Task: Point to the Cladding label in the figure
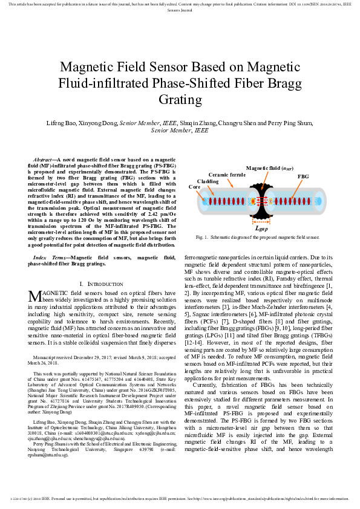208,181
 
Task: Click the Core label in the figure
195,187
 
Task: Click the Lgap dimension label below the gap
262,229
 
